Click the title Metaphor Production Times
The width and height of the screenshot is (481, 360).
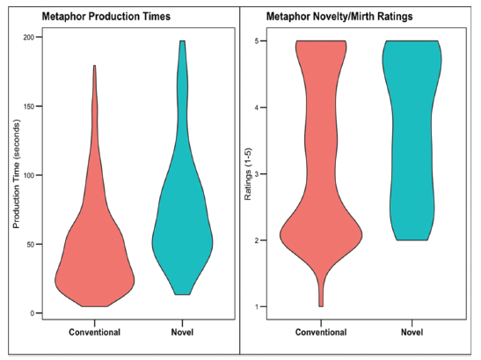point(106,16)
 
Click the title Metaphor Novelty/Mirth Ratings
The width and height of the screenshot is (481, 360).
point(339,16)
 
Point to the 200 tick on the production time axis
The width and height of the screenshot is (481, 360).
point(29,37)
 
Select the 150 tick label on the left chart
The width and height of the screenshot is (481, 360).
point(29,107)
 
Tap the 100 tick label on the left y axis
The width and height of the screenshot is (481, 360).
point(29,175)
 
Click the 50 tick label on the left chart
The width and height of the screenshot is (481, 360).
point(31,245)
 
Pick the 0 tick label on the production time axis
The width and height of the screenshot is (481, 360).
point(32,313)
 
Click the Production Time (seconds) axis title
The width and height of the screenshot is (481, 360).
point(16,173)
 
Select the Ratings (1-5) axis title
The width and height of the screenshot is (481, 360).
point(248,174)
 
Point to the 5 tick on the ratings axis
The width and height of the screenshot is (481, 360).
point(258,40)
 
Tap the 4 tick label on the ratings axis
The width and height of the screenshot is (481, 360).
point(258,107)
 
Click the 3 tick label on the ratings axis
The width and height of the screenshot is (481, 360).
point(258,174)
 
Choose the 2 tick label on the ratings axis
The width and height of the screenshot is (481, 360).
point(258,240)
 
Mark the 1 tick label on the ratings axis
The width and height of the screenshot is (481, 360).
point(258,306)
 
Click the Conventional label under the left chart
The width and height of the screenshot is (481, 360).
point(94,332)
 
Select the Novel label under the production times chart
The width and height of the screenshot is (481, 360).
point(182,332)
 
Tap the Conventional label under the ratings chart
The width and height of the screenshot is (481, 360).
point(321,332)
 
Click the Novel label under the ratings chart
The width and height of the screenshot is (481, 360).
point(412,332)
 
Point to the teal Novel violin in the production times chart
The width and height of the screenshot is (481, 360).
point(182,215)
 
